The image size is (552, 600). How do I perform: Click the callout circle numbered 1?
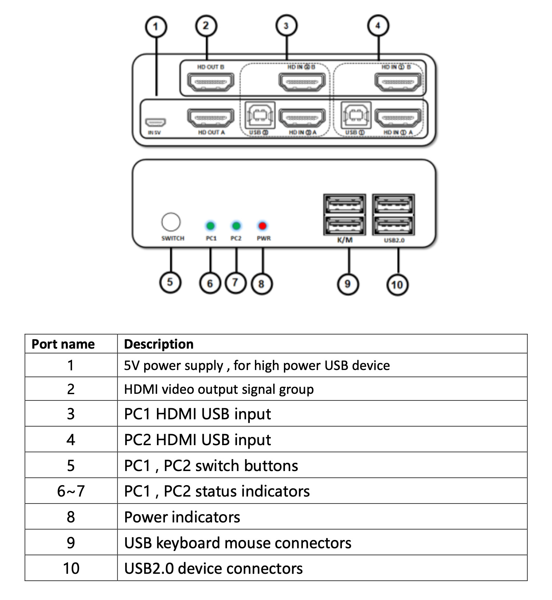pos(156,27)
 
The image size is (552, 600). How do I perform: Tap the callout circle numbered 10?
pos(397,284)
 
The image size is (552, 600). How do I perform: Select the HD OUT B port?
pos(210,82)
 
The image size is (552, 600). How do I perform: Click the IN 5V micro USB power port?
pos(156,122)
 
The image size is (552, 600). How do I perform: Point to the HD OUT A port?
pos(210,118)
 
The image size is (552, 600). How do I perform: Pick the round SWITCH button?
pos(171,222)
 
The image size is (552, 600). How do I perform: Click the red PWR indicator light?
pos(263,226)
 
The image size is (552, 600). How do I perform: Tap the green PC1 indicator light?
pos(210,226)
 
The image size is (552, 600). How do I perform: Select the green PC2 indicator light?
pos(236,226)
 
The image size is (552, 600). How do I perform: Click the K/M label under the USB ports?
pos(345,240)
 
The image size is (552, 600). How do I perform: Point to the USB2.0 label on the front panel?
pos(394,240)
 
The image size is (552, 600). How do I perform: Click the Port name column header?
pos(63,344)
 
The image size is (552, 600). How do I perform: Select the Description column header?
pos(159,344)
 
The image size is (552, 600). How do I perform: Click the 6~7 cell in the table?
pos(71,491)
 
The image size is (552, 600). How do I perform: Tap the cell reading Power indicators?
pos(182,517)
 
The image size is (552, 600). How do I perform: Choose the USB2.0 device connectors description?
pos(213,568)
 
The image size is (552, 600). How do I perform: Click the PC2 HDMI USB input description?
pos(197,440)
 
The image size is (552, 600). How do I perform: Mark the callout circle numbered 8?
pos(262,284)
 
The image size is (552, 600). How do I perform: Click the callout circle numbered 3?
pos(286,26)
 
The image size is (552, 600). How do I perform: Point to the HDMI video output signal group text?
pos(219,389)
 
